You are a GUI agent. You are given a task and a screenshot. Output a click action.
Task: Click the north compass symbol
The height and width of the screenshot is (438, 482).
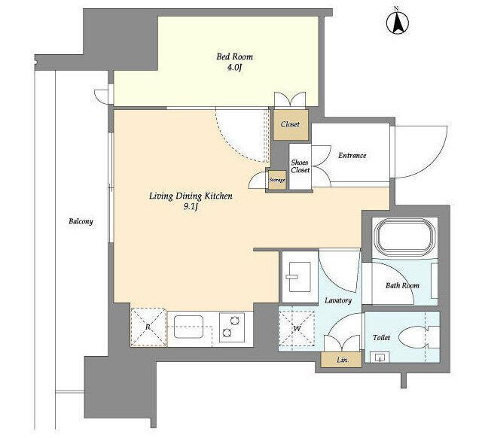(x=397, y=23)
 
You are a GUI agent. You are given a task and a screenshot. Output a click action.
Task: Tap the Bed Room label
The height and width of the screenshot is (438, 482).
(x=234, y=57)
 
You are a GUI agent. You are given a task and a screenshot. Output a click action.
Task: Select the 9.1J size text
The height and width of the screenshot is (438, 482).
(x=190, y=207)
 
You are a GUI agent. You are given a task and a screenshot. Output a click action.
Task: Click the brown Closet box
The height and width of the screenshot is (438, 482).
(x=291, y=125)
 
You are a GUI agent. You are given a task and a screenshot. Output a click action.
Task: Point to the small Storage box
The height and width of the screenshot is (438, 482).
(x=277, y=180)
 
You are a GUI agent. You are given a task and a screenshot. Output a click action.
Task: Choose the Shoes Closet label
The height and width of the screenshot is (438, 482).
(x=300, y=166)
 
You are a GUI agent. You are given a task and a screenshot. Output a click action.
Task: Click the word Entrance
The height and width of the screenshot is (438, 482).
(x=352, y=156)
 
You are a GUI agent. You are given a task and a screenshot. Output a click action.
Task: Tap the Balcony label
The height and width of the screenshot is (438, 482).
(x=81, y=221)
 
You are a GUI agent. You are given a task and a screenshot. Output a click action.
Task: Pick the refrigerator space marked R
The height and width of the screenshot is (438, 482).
(x=149, y=327)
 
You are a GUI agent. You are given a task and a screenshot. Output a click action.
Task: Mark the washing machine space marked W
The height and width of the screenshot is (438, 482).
(x=297, y=329)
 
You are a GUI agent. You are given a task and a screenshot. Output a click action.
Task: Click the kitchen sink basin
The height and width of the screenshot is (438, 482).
(x=189, y=327)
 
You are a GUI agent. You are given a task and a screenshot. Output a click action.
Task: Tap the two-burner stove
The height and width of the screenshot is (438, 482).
(x=232, y=327)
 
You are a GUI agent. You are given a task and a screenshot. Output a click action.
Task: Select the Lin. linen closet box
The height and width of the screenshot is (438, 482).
(x=341, y=360)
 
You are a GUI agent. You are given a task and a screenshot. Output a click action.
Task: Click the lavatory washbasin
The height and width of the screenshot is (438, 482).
(x=300, y=277)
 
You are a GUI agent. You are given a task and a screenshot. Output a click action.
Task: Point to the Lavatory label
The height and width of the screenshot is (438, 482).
(x=338, y=300)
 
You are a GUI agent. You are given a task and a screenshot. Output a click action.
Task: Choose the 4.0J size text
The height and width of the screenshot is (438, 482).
(x=234, y=68)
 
